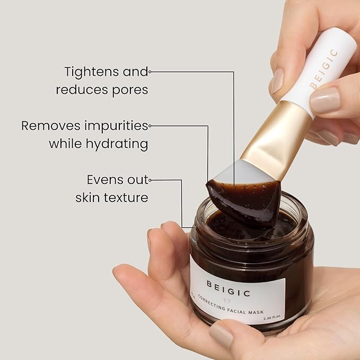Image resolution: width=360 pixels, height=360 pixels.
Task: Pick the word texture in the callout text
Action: tap(122, 198)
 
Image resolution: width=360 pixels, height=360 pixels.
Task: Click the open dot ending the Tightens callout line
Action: tap(150, 71)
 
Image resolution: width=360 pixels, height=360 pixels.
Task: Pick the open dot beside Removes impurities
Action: tap(150, 126)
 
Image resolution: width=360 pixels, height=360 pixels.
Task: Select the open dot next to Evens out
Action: tap(151, 180)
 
